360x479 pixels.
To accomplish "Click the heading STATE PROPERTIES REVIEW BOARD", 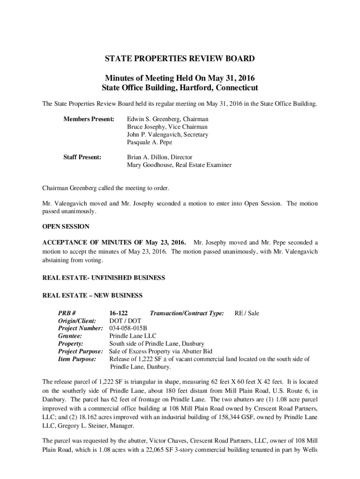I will tap(180, 59).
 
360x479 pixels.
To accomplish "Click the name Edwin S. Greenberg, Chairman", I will tap(168, 119).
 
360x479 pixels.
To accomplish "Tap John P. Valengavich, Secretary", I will tap(168, 134).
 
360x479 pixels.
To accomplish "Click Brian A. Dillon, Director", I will tap(159, 157).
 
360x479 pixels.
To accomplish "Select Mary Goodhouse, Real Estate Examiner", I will tap(179, 165).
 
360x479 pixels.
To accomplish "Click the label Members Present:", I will tap(89, 119).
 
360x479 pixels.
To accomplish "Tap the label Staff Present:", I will tap(82, 157).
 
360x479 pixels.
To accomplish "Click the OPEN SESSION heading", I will tap(66, 227).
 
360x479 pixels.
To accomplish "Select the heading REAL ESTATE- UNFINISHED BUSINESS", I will tap(104, 278).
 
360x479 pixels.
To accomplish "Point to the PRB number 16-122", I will tap(119, 313).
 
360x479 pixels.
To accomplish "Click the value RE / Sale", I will tap(246, 313).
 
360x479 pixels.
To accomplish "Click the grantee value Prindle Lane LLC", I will tap(133, 336).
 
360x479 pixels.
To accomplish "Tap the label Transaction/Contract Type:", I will tap(187, 313).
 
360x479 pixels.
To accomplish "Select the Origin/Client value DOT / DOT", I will tap(125, 321).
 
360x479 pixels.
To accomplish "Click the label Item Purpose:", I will tap(77, 359).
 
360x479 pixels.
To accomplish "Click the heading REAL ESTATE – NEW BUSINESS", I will tap(93, 296).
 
